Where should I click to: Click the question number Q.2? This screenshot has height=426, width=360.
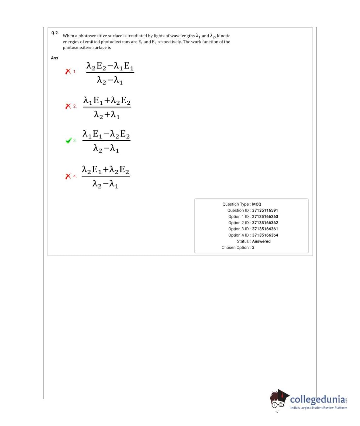(54, 33)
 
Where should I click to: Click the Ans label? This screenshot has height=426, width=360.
(54, 58)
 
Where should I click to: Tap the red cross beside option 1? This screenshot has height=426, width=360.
(68, 72)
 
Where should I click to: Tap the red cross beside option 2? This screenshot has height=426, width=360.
(68, 106)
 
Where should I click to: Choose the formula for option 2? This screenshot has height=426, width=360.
(107, 107)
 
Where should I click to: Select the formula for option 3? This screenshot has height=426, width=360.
(106, 141)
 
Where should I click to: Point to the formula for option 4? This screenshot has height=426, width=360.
(105, 176)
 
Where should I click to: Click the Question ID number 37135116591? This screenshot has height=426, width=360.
(265, 211)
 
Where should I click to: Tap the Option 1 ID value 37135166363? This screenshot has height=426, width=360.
(265, 217)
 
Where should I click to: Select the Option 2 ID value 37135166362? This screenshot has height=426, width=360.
(265, 223)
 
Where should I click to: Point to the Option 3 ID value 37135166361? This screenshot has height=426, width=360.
(265, 229)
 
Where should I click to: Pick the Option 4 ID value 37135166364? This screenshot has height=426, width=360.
(265, 235)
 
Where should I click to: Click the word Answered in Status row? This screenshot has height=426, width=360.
(261, 241)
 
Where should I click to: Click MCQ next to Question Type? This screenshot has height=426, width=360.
(256, 204)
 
